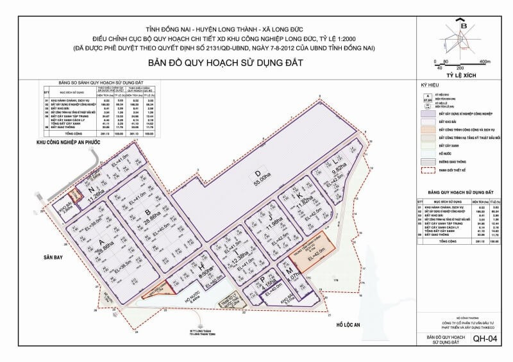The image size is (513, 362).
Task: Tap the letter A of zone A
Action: point(100,243)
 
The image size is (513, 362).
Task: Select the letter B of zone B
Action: point(148,213)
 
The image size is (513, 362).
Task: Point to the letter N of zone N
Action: point(91,190)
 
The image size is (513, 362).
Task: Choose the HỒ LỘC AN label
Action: point(349,325)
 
